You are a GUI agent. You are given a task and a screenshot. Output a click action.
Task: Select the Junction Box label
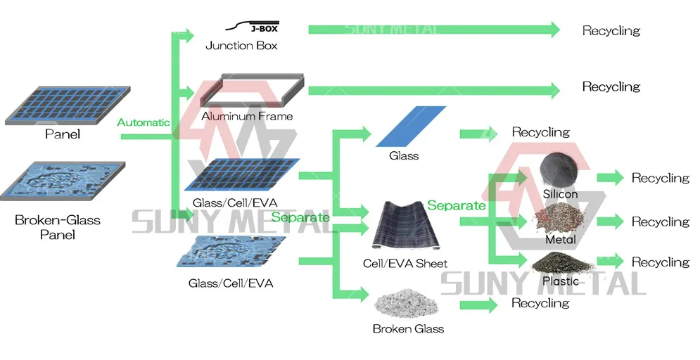(241, 46)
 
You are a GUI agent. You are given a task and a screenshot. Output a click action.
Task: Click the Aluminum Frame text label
(246, 116)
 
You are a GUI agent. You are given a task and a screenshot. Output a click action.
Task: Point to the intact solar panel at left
(68, 104)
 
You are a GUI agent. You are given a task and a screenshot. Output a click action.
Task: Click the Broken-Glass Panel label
(58, 227)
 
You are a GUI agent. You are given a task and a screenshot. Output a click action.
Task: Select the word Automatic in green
(144, 122)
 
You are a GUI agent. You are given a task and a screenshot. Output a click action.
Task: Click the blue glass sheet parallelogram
(412, 127)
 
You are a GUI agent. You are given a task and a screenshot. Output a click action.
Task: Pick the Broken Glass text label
(408, 328)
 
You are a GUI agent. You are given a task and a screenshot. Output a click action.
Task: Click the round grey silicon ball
(561, 169)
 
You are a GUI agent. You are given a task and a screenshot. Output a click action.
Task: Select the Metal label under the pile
(561, 240)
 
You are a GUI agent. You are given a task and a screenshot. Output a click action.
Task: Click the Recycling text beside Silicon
(660, 178)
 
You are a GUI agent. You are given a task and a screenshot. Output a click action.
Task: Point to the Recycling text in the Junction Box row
(611, 31)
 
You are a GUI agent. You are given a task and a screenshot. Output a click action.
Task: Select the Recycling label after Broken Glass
(540, 303)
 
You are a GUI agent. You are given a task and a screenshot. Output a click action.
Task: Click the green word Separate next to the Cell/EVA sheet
(456, 205)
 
